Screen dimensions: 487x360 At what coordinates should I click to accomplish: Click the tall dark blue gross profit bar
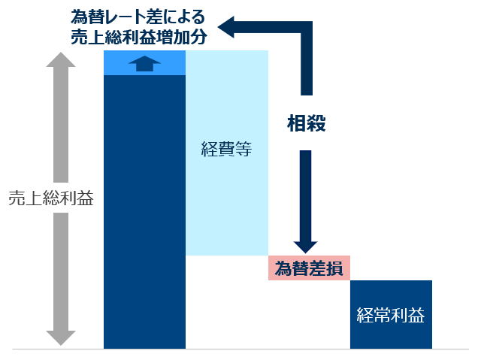click(x=144, y=212)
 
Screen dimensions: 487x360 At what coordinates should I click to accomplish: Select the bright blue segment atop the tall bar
click(x=144, y=62)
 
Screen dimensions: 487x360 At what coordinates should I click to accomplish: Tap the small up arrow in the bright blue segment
click(x=145, y=64)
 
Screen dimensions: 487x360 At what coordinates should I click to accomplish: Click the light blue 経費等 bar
click(x=227, y=153)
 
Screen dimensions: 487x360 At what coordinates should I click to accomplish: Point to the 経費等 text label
click(x=226, y=149)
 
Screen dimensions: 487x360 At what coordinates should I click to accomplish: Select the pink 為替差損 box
click(x=309, y=268)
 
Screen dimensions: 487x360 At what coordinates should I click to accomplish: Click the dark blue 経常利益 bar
click(x=391, y=314)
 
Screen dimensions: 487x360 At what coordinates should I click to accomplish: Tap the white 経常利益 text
click(x=390, y=315)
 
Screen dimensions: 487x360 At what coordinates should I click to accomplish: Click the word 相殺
click(x=306, y=123)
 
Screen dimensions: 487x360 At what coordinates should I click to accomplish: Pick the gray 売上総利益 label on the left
click(x=51, y=198)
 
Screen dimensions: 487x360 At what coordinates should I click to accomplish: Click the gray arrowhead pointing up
click(x=61, y=59)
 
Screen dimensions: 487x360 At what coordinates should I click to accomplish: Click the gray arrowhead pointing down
click(x=61, y=338)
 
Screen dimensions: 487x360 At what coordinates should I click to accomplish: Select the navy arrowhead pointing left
click(x=225, y=27)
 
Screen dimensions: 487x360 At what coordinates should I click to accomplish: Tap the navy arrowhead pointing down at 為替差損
click(x=305, y=247)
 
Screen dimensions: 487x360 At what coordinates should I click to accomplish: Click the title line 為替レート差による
click(x=138, y=17)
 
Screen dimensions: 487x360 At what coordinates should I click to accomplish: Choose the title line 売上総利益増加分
click(x=139, y=37)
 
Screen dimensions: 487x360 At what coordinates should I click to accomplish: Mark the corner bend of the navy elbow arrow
click(x=307, y=27)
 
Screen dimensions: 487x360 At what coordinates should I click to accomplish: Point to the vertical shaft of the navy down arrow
click(x=305, y=196)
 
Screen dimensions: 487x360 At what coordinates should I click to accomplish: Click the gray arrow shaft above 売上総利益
click(x=61, y=125)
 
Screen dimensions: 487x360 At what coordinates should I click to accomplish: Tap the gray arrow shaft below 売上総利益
click(x=61, y=272)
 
